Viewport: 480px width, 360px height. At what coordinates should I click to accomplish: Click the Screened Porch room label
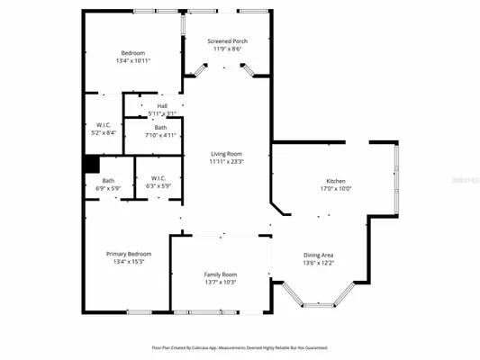coord(228,41)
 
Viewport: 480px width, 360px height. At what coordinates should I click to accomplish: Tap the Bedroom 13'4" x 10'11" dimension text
coord(132,61)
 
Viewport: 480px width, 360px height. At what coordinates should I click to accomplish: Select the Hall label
coord(162,106)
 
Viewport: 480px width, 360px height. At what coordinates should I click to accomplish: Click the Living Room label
coord(226,154)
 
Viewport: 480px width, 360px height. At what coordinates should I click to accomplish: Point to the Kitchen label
coord(336,181)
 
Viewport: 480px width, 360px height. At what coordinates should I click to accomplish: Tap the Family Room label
coord(221,274)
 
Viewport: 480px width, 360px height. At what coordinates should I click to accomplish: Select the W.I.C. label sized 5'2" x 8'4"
coord(103,124)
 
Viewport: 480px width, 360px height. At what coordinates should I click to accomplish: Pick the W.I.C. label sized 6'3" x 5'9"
coord(158,178)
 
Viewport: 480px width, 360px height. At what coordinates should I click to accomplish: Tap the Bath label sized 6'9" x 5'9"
coord(108,181)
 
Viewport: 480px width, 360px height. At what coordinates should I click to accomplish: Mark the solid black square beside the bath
coord(91,164)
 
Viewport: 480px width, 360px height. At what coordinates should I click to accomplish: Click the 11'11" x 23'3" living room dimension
coord(226,162)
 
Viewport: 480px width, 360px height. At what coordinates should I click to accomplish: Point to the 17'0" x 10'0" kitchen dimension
coord(336,189)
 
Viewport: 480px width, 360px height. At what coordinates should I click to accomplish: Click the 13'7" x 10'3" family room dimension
coord(221,283)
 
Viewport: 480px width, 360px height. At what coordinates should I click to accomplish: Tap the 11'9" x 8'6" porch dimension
coord(228,49)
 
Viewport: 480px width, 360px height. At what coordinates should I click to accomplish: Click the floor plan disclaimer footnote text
coord(240,346)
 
